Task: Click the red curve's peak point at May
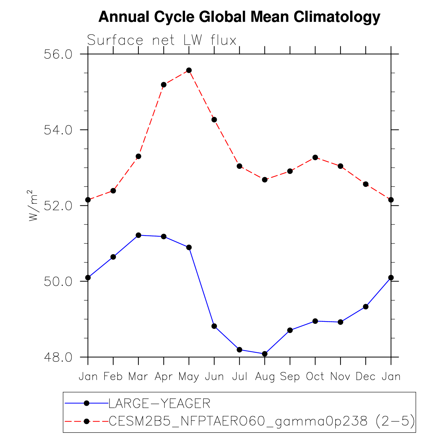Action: [x=189, y=70]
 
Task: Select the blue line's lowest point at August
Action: [x=265, y=354]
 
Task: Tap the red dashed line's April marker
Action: [x=164, y=85]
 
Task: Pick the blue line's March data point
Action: [x=138, y=235]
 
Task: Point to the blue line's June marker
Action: [x=214, y=326]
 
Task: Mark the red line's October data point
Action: [x=315, y=157]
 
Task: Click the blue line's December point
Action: [x=366, y=307]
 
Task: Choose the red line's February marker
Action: [x=113, y=191]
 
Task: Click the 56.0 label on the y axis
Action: [x=58, y=55]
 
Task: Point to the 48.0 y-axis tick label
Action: [x=58, y=357]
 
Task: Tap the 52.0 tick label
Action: [x=58, y=206]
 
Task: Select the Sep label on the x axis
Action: [x=290, y=376]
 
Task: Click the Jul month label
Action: [x=240, y=376]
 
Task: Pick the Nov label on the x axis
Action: [x=340, y=376]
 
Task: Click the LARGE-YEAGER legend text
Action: [x=160, y=403]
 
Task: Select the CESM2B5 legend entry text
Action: [x=262, y=421]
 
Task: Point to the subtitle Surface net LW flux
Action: [x=162, y=41]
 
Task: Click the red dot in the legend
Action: [x=87, y=421]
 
